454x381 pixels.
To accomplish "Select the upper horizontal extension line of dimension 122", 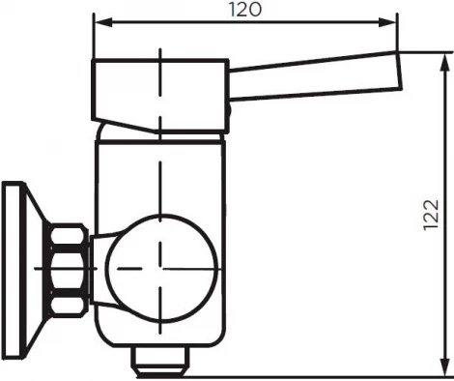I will [425, 51].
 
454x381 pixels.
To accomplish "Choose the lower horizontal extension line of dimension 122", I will [319, 376].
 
